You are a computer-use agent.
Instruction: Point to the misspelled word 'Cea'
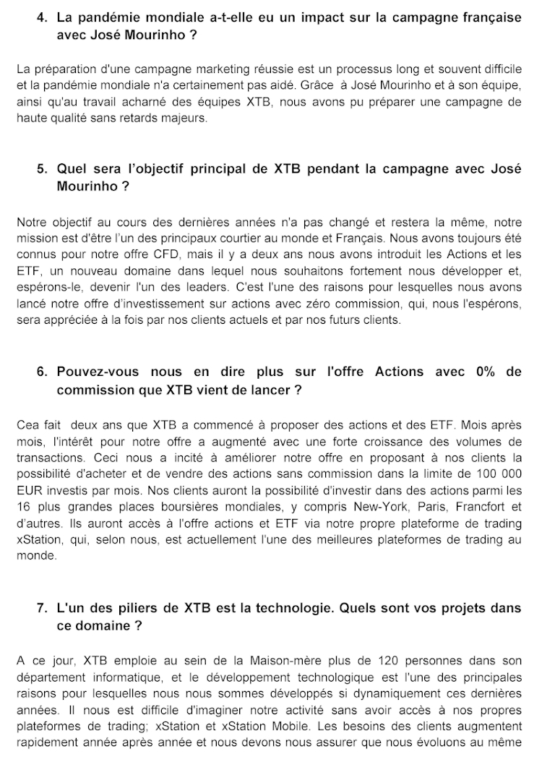point(28,425)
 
